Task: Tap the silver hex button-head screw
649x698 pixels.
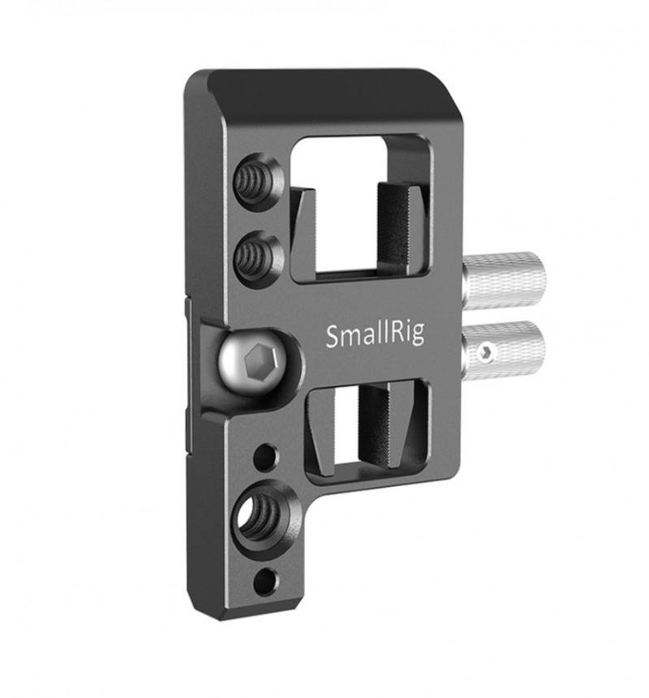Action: point(252,361)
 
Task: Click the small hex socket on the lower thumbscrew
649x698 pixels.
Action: point(485,353)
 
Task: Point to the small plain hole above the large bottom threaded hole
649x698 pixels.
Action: point(264,456)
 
